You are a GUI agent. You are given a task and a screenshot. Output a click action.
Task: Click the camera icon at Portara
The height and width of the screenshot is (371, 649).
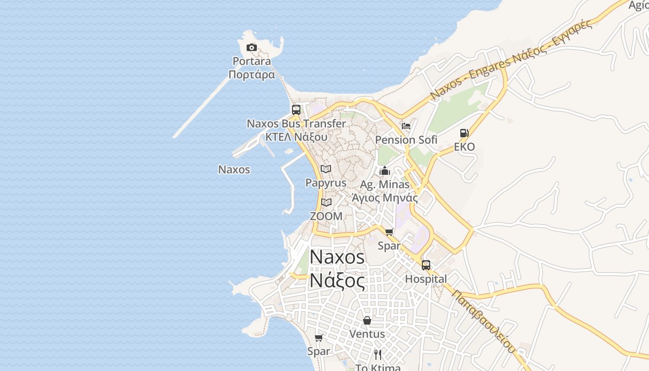tap(252, 47)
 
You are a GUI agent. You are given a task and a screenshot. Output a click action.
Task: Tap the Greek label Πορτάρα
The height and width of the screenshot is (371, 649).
tap(252, 75)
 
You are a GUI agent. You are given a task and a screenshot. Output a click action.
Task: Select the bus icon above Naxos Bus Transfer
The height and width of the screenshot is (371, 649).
tap(296, 110)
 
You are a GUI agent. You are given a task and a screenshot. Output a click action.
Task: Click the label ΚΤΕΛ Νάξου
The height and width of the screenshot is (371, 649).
tap(296, 137)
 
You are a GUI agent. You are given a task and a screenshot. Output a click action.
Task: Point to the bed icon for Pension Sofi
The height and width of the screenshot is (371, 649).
tap(406, 126)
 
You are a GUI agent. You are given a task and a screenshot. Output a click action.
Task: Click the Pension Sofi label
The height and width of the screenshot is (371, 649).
tap(406, 140)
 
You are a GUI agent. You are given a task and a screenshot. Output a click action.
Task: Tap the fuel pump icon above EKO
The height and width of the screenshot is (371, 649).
tap(464, 133)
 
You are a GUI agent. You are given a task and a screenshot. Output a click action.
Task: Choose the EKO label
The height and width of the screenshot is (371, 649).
tap(464, 147)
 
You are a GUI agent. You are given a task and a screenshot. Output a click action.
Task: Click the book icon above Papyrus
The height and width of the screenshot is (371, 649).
tap(326, 169)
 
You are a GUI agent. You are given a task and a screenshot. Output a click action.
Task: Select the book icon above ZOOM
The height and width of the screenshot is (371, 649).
tap(326, 202)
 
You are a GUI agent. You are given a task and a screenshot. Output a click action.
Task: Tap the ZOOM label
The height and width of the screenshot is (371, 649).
tap(326, 216)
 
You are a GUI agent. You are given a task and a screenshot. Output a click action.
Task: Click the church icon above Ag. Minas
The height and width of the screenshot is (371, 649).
tap(385, 171)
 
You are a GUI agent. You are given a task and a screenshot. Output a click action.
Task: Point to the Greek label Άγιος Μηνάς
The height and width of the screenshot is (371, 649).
tap(385, 198)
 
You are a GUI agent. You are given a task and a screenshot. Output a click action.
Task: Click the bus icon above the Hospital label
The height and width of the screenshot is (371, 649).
tap(426, 265)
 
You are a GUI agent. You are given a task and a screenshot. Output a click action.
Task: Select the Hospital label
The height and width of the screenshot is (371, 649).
tap(426, 279)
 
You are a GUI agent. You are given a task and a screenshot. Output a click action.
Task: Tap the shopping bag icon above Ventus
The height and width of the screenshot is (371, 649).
tap(367, 320)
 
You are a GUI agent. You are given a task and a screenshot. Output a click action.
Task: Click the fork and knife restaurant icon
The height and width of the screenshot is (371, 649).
tap(378, 355)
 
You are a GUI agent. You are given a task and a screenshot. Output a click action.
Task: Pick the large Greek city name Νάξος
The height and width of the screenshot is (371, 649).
tap(337, 280)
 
